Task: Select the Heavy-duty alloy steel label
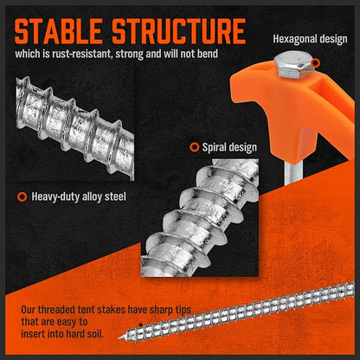point(79,196)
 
